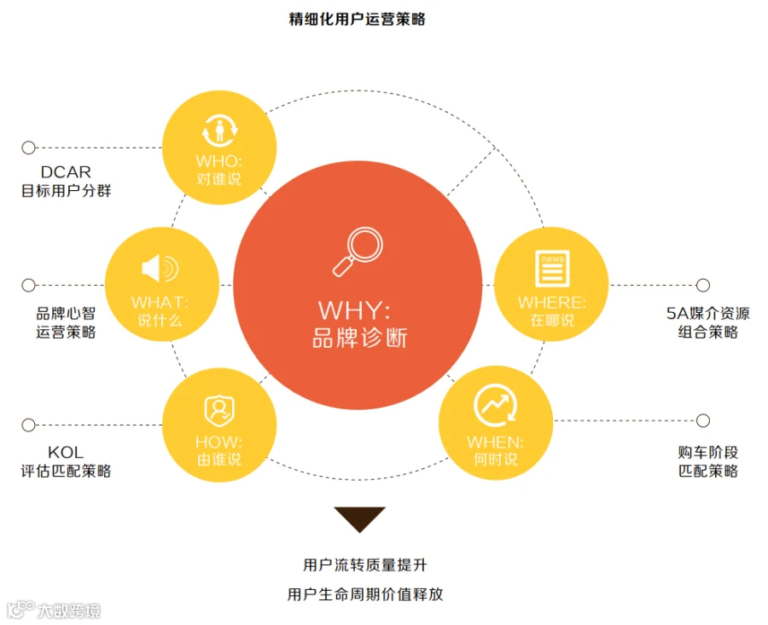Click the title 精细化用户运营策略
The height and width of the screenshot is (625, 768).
click(357, 19)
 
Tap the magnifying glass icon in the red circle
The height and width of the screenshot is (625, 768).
click(358, 252)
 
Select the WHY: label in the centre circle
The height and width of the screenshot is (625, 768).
click(354, 310)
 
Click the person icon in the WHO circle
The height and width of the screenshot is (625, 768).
click(219, 130)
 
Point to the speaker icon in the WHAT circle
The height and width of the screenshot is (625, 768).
click(160, 269)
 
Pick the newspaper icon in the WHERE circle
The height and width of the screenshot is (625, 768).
click(552, 269)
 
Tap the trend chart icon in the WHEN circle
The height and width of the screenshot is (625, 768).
click(495, 406)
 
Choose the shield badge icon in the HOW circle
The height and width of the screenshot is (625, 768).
click(219, 411)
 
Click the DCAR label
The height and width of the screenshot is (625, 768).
click(66, 172)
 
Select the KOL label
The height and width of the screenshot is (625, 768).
click(66, 452)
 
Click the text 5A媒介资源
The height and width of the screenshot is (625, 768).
click(707, 313)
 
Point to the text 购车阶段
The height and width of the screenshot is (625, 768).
click(707, 452)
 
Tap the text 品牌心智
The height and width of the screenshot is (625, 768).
click(66, 313)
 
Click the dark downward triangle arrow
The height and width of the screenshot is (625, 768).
click(359, 518)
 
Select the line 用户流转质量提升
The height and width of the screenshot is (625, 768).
click(365, 565)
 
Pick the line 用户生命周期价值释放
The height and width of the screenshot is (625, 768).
click(365, 594)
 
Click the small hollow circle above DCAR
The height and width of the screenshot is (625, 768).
click(28, 148)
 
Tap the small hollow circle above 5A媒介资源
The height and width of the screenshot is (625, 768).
click(703, 285)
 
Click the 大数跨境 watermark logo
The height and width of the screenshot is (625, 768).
click(54, 610)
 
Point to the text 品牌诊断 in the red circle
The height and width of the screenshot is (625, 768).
click(360, 339)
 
